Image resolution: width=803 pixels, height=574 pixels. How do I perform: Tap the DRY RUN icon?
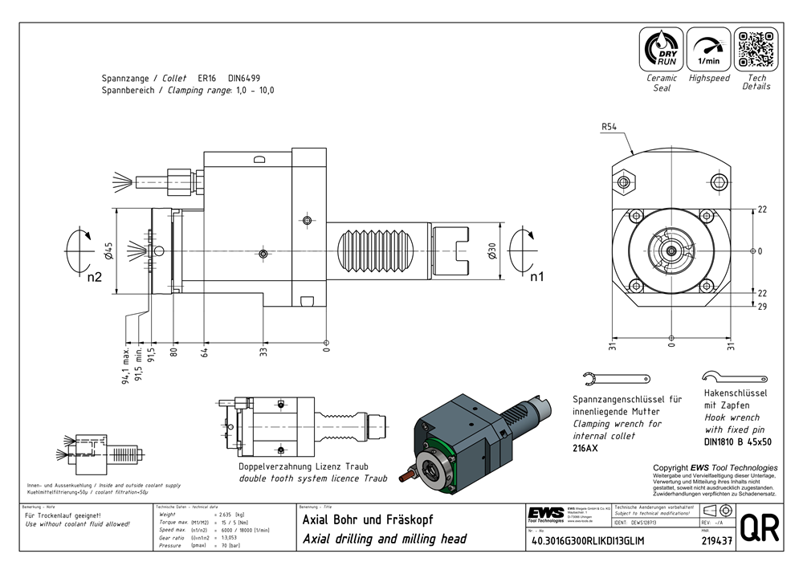(x=662, y=49)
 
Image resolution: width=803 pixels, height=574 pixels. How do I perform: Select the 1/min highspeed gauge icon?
(x=708, y=49)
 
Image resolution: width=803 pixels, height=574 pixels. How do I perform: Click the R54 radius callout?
(x=609, y=127)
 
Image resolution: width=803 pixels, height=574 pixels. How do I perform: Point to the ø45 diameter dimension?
(x=108, y=251)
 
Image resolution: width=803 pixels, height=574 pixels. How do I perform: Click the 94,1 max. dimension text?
(x=126, y=366)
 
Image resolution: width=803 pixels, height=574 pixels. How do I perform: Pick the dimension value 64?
(x=205, y=352)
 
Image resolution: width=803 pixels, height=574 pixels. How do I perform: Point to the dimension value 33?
(x=263, y=352)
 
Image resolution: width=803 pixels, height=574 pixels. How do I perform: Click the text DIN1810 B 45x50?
(x=736, y=442)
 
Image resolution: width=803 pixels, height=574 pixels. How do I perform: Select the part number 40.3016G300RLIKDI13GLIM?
(x=588, y=541)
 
